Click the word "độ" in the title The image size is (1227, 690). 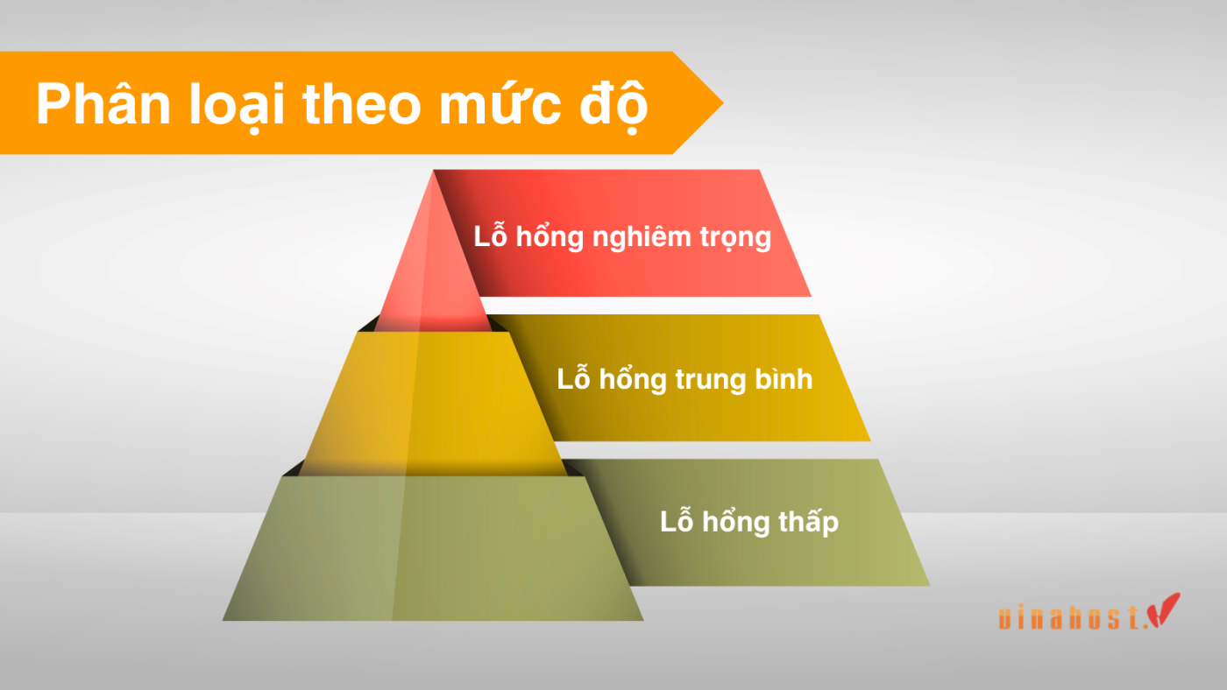point(617,106)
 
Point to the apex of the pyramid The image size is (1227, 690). point(434,174)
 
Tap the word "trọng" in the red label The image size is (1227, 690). point(736,238)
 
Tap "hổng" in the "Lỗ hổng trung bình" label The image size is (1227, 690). point(632,380)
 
